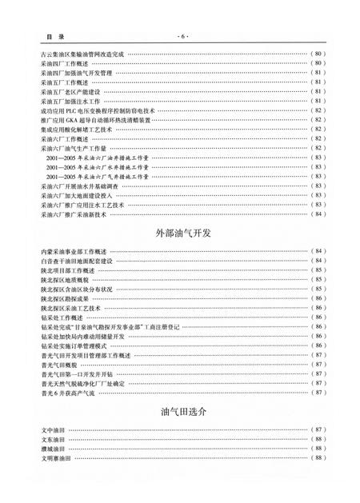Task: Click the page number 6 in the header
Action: click(x=180, y=38)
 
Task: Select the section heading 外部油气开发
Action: click(x=180, y=233)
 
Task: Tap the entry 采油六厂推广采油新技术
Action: click(x=77, y=214)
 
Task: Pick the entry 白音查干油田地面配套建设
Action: click(x=77, y=261)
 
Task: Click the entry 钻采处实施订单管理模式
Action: click(x=77, y=345)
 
